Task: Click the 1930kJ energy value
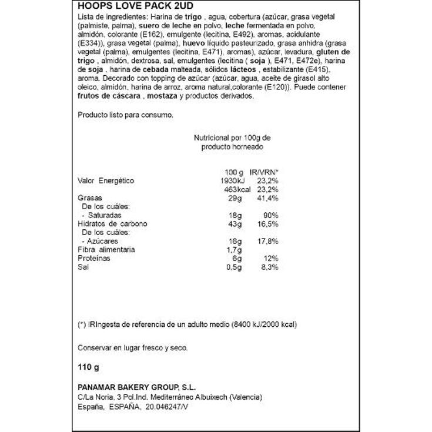pos(229,181)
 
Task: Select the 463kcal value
pos(238,189)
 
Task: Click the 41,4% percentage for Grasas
pos(266,198)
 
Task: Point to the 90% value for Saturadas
pos(270,216)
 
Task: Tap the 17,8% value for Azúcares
pos(266,242)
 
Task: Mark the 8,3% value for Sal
pos(268,267)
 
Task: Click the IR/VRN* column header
pos(264,172)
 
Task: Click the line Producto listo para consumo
pos(126,115)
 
